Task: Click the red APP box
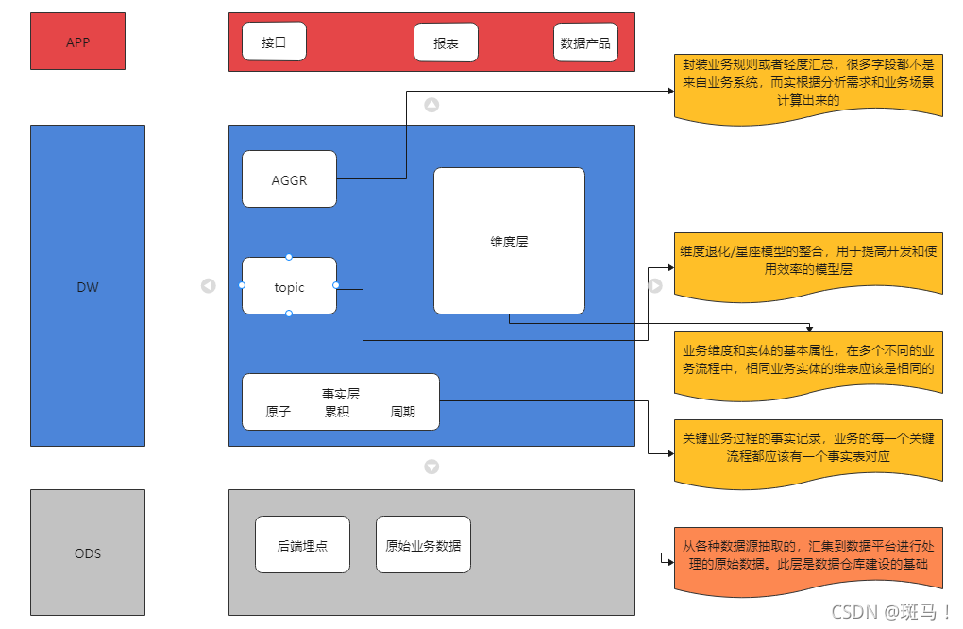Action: click(77, 42)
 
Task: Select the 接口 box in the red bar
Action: click(274, 42)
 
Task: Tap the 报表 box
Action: click(446, 42)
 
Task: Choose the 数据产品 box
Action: click(585, 42)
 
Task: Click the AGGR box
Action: click(289, 179)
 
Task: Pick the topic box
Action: click(289, 286)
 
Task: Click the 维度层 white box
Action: click(509, 241)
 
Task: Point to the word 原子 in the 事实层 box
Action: click(278, 412)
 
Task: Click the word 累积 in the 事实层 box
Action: click(337, 412)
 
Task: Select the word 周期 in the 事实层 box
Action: click(403, 412)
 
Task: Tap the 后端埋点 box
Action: click(302, 545)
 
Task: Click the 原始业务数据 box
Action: click(423, 545)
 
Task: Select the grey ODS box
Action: click(88, 552)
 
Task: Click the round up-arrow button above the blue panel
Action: click(431, 105)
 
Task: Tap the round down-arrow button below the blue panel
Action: click(431, 466)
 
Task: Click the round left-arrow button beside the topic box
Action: click(209, 285)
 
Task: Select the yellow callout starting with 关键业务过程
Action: click(808, 448)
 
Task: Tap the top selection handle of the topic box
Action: click(289, 257)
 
